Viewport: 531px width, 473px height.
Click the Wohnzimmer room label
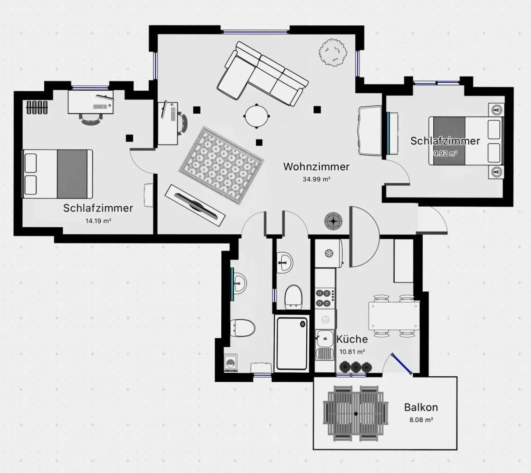[316, 167]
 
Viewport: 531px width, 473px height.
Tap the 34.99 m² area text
[316, 179]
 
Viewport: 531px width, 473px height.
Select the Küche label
[352, 339]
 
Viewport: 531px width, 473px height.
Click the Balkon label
[421, 407]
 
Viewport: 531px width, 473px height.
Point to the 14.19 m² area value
[98, 221]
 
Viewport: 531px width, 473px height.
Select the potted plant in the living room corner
[333, 52]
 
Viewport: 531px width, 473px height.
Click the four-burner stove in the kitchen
[325, 298]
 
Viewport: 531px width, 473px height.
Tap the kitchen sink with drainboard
[325, 344]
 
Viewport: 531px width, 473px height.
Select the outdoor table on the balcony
[356, 413]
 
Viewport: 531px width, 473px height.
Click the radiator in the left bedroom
[36, 107]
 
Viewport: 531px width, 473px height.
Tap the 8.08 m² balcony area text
[421, 420]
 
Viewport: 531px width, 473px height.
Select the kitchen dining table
[394, 316]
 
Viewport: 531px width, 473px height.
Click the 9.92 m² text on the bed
[445, 153]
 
